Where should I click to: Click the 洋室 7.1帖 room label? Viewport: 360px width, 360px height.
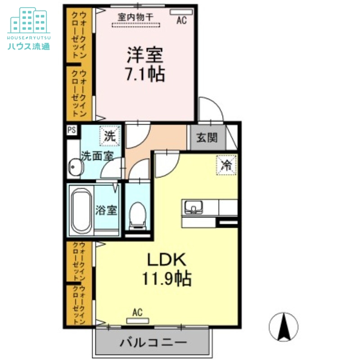(144, 64)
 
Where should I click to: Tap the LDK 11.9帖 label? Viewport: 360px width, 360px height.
(167, 270)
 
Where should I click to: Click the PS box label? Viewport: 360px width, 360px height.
(71, 130)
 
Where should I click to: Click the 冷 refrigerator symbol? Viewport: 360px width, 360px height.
(226, 165)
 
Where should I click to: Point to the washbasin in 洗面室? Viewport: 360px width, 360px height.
(75, 168)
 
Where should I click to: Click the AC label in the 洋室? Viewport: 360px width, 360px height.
(181, 20)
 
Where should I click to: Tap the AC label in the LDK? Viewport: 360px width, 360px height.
(137, 312)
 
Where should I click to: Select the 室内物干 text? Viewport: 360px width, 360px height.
(136, 17)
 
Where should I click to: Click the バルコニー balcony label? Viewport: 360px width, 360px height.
(153, 342)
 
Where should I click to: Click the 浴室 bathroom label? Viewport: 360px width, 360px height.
(107, 210)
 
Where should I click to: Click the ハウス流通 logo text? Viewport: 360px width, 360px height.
(28, 45)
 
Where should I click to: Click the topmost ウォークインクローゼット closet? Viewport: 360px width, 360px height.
(79, 35)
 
